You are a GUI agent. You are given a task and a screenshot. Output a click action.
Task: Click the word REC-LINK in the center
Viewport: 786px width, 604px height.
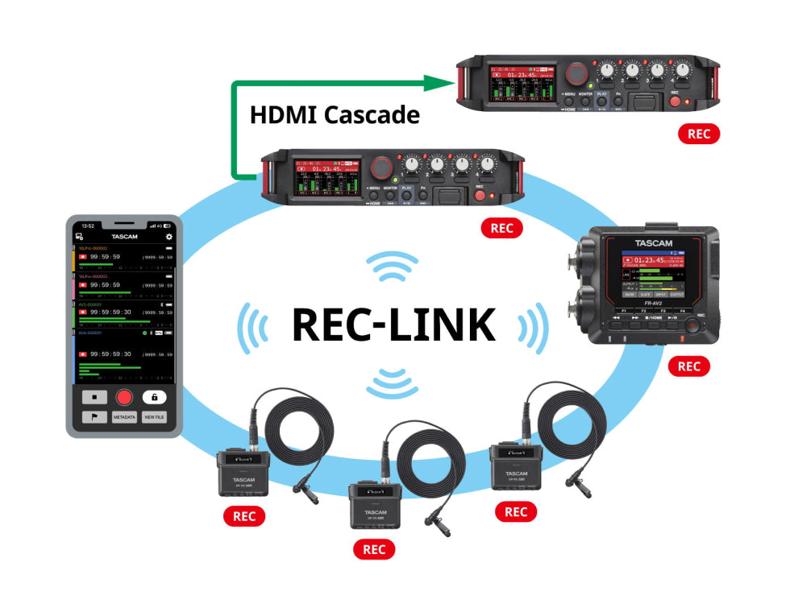393,324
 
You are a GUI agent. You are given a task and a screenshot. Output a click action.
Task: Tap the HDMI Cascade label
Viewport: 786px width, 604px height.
335,114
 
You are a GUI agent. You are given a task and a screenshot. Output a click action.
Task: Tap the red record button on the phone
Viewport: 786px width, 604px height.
123,396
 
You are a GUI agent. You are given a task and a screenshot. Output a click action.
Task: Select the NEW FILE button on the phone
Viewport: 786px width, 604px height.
154,417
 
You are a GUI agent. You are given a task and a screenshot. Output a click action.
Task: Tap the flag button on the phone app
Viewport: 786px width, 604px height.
94,417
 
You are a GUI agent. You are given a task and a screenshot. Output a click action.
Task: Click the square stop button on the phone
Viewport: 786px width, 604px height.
94,396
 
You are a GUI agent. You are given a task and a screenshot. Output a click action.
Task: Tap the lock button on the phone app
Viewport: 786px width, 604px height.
154,396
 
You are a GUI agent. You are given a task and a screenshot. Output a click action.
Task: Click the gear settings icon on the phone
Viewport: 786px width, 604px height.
168,237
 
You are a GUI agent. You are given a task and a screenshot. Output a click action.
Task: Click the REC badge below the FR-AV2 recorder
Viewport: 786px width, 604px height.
688,366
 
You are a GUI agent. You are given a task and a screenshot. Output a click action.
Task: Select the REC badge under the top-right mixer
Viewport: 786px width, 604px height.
699,134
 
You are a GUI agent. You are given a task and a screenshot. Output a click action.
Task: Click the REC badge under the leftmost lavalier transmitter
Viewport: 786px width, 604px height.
243,516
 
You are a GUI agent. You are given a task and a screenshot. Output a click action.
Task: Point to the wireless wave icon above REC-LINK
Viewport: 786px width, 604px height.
392,266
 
